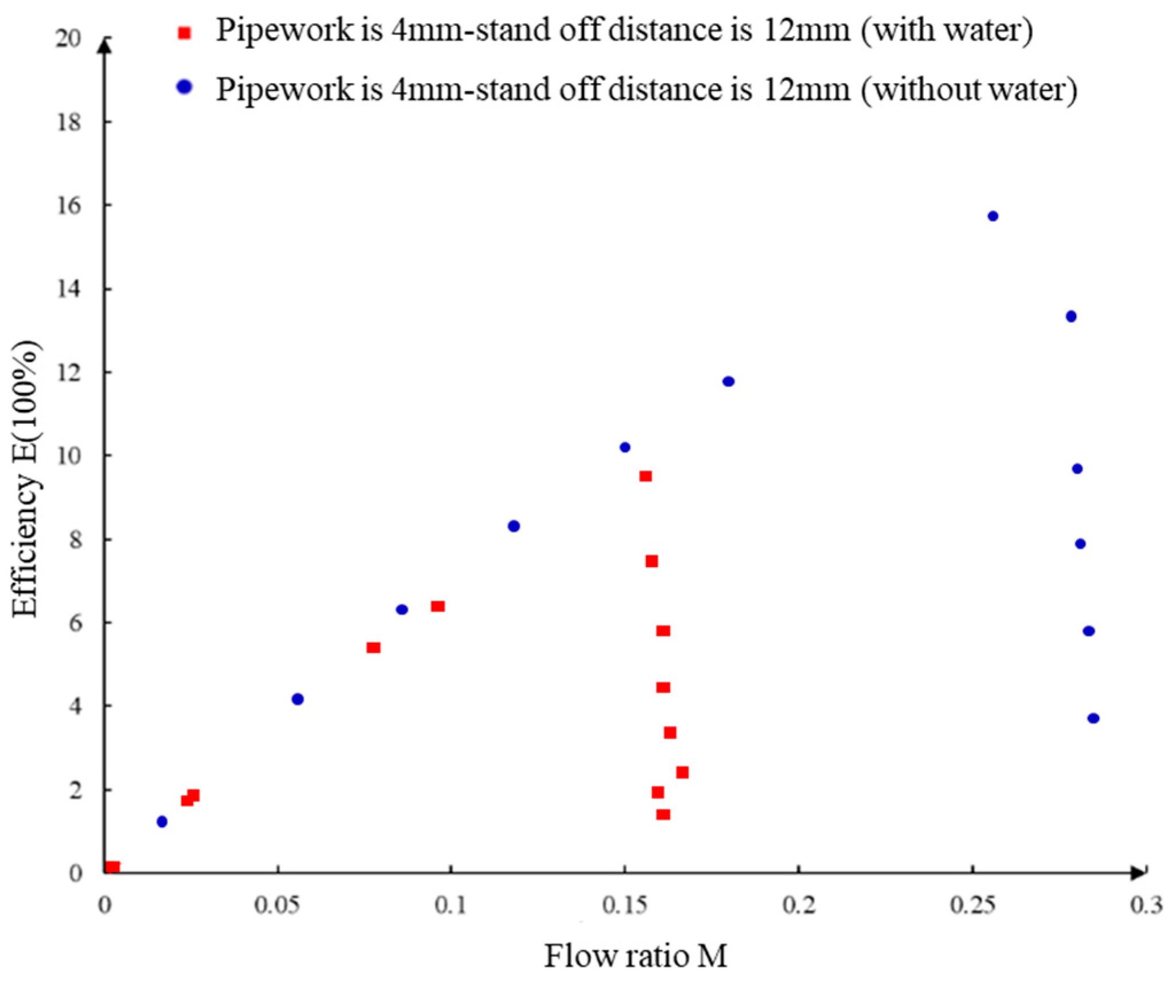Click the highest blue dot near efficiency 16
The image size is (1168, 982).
click(x=993, y=216)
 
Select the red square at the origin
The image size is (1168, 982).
click(x=112, y=867)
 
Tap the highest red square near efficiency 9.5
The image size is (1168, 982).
click(x=646, y=476)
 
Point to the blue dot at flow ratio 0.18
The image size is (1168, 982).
click(x=728, y=381)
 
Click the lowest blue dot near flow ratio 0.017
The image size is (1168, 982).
click(x=162, y=821)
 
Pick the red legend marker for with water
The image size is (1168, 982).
click(x=184, y=33)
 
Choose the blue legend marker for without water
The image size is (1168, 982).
click(x=184, y=87)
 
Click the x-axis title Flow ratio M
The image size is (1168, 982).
click(x=635, y=956)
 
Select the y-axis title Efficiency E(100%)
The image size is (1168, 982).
click(x=26, y=479)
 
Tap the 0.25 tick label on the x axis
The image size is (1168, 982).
click(x=972, y=905)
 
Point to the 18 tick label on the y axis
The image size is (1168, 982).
click(x=69, y=122)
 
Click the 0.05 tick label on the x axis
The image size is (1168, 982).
click(x=278, y=905)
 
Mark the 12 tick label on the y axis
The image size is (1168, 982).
click(x=69, y=373)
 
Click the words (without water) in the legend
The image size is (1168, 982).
click(x=969, y=90)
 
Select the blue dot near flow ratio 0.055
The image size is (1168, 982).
click(x=297, y=699)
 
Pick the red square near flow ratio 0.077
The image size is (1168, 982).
click(x=373, y=647)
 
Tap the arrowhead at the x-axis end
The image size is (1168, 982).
click(x=1138, y=873)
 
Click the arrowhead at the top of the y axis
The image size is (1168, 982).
click(x=104, y=45)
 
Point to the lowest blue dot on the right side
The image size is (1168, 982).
click(x=1093, y=718)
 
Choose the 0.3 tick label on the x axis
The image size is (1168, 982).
click(x=1146, y=905)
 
